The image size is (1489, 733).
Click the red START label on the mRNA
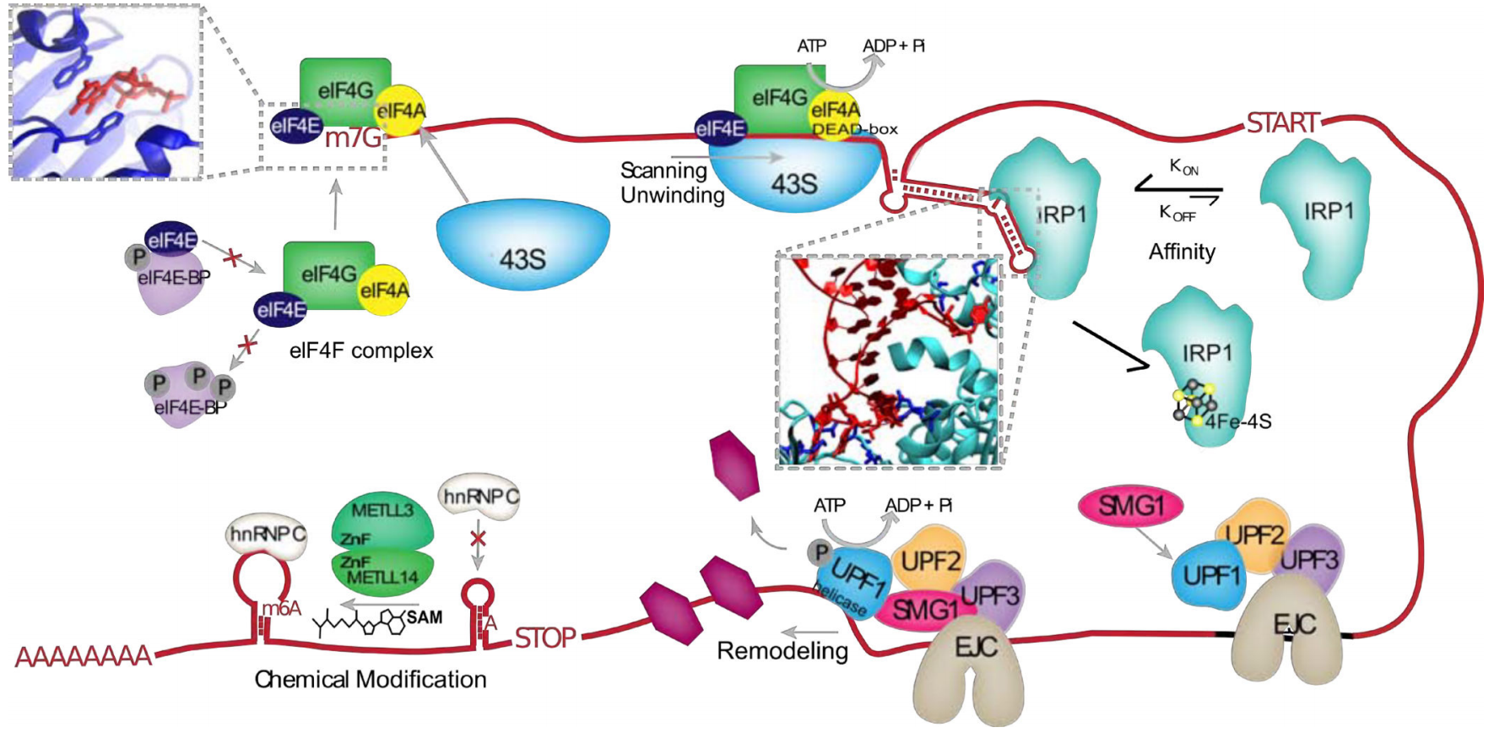tap(1282, 123)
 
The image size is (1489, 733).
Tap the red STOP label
tap(545, 638)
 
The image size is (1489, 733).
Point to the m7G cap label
tap(353, 137)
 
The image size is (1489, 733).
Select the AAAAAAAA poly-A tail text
tap(84, 656)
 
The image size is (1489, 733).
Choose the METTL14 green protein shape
tap(383, 571)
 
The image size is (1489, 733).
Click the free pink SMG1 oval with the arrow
tap(1131, 506)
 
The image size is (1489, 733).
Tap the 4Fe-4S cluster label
tap(1237, 421)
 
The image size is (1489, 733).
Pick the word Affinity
tap(1182, 252)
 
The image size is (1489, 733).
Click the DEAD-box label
tap(855, 129)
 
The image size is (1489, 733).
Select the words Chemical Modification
tap(371, 680)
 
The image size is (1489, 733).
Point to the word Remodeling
tap(782, 651)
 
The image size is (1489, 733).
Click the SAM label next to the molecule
tap(425, 617)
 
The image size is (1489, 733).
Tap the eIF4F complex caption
tap(361, 350)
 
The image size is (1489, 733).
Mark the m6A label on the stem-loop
tap(281, 608)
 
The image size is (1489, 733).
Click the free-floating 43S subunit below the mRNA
tap(523, 245)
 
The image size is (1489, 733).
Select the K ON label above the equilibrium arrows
tap(1183, 167)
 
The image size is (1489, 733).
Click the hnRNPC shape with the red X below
tap(479, 496)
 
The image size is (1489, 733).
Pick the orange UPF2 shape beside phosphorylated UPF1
tap(930, 560)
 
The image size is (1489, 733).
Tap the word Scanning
tap(663, 171)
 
